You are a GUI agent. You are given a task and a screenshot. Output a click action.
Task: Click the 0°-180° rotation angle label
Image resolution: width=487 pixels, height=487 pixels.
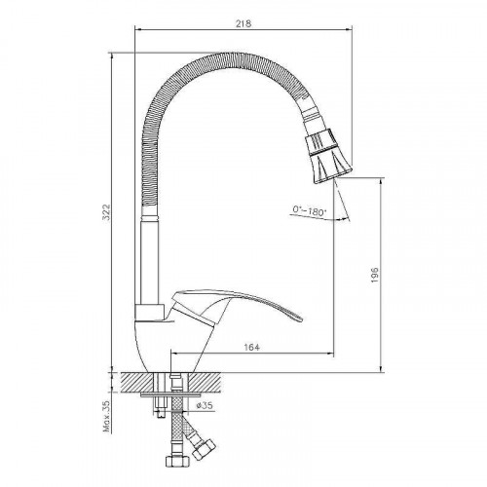pyautogui.click(x=309, y=210)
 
